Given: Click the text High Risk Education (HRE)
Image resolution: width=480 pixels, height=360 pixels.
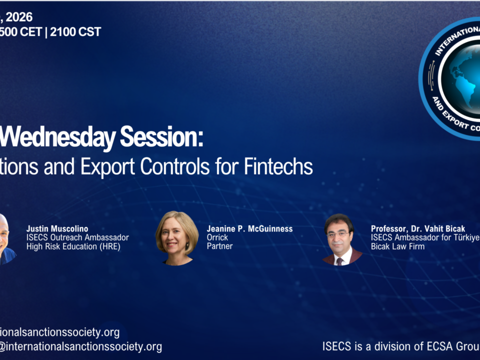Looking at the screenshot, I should pos(73,246).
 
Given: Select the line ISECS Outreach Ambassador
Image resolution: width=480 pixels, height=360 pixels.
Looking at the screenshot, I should pos(77,237).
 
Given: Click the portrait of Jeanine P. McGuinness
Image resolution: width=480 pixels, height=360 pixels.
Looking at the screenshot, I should pos(177,238).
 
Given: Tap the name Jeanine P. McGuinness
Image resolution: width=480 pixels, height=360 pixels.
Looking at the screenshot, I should pos(249,229).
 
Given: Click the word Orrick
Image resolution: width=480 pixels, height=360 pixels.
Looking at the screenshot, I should pos(217,237).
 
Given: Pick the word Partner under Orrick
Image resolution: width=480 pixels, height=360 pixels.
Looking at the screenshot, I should pos(220,246).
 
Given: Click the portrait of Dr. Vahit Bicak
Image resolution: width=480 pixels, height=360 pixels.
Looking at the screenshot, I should pos(342,239).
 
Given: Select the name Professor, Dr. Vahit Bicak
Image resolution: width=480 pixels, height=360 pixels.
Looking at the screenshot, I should pos(418,229).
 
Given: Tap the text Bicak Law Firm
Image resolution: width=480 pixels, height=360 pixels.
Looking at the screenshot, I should pos(398,246).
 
